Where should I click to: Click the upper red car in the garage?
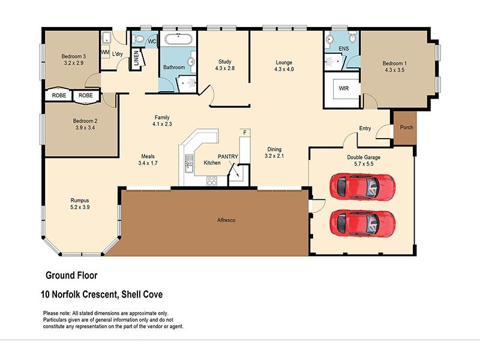pos(362,187)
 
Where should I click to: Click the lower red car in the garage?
pos(362,223)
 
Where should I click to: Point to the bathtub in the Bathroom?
pos(179,41)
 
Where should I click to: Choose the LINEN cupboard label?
pos(136,59)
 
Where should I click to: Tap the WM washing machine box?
pos(105,53)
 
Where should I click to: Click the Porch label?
pos(406,127)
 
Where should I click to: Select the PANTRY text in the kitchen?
pos(228,157)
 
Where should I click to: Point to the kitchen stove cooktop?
pos(212,180)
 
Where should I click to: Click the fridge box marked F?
pos(244,131)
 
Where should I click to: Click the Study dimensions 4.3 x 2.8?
pos(225,69)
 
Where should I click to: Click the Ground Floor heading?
pos(71,275)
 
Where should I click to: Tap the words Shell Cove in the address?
pos(142,295)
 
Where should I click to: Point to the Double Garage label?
pos(364,157)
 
